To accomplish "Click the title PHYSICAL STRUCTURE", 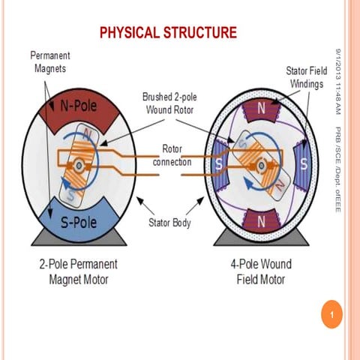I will point(168,32).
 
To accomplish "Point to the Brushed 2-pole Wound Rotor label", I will point(175,103).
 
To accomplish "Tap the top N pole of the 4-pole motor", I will point(262,109).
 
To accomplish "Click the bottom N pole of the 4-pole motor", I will point(262,222).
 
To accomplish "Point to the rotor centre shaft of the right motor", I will point(262,164).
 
